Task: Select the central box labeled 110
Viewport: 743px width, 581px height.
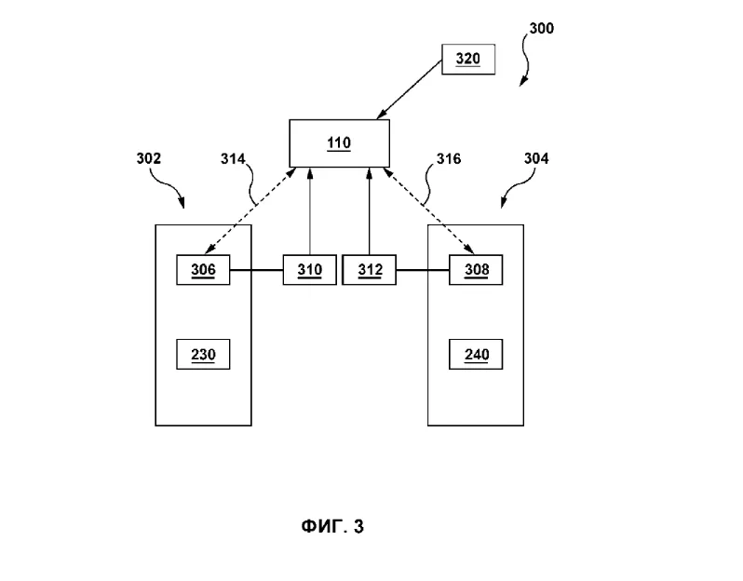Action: point(339,142)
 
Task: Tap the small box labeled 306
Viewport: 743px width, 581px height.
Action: point(203,270)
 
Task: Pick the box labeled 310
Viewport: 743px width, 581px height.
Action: point(309,270)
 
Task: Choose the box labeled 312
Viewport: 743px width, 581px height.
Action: point(369,270)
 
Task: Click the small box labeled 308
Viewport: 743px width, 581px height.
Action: point(475,270)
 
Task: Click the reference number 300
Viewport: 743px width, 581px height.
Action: point(541,29)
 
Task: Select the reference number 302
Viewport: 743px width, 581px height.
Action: point(148,158)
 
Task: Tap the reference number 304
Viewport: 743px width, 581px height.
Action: point(535,158)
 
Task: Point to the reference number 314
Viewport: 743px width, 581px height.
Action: point(232,159)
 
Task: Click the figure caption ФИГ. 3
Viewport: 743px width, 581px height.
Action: point(331,527)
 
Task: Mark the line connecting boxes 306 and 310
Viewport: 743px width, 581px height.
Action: point(256,270)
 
